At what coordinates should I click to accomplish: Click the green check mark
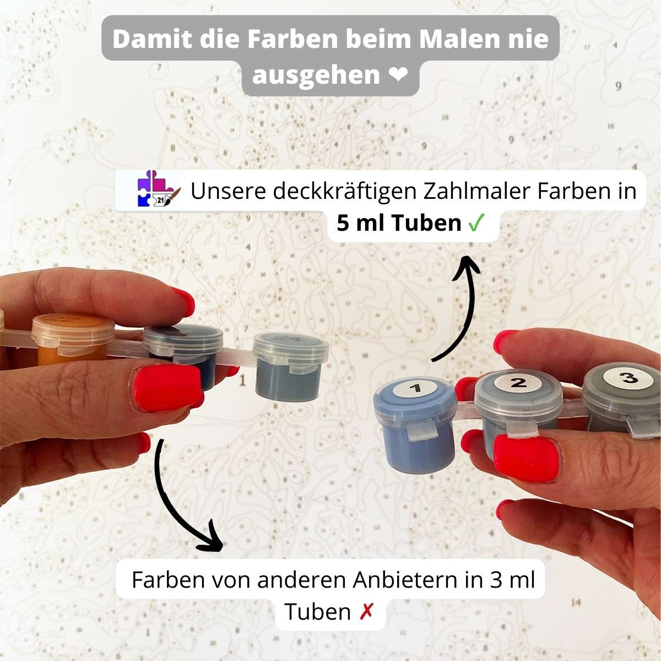[x=476, y=223]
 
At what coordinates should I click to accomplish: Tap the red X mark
[x=366, y=612]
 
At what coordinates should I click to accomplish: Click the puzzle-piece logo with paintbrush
[x=159, y=189]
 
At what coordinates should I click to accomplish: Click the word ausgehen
[x=316, y=75]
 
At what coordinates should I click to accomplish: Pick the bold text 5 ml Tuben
[x=399, y=223]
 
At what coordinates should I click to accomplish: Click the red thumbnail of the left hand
[x=167, y=387]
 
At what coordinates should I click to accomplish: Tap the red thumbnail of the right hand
[x=528, y=457]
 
